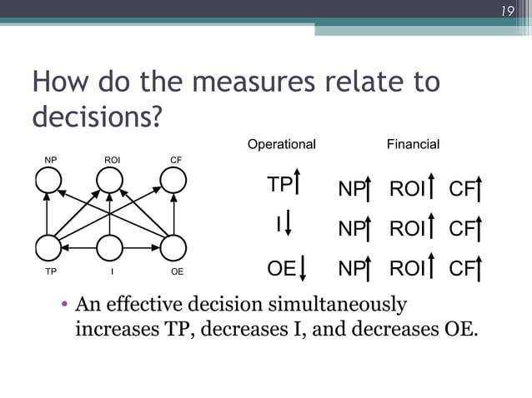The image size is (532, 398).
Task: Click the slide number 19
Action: coord(506,11)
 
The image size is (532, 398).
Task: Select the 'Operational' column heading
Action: coord(282,144)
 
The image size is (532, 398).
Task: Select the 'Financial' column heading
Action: coord(413,144)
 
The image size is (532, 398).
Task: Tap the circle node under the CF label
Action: coord(173,180)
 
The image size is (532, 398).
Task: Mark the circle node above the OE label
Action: coord(173,247)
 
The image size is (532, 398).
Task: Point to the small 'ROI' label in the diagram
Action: coord(112,159)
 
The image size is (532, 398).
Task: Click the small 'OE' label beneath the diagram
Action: coord(177,271)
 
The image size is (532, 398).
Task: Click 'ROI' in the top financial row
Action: coord(407,190)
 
